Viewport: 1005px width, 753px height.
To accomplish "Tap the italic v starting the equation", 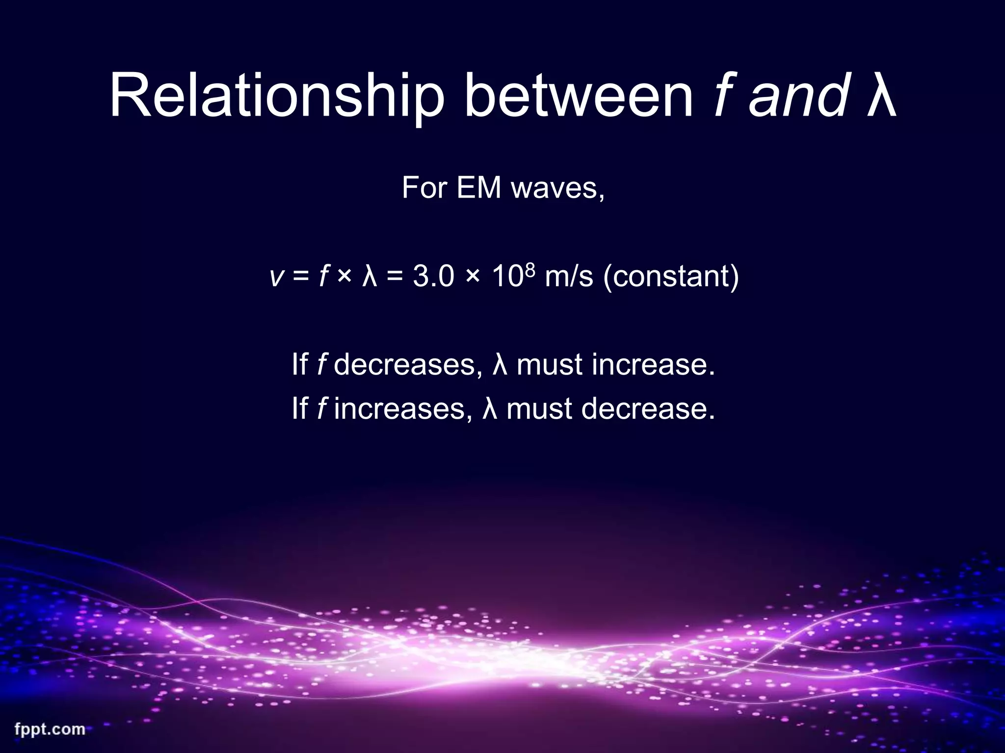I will pos(276,276).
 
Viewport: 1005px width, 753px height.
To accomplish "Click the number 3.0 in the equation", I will pos(433,276).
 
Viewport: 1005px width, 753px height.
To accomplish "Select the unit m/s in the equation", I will pos(569,276).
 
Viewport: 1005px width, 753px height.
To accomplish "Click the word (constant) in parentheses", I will pos(671,276).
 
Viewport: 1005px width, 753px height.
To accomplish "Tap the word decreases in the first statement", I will pos(404,365).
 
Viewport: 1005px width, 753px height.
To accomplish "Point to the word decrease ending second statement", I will pos(647,409).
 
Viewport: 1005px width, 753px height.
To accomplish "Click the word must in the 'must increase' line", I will pos(549,365).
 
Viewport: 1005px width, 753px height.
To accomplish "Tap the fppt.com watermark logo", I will pos(50,729).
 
